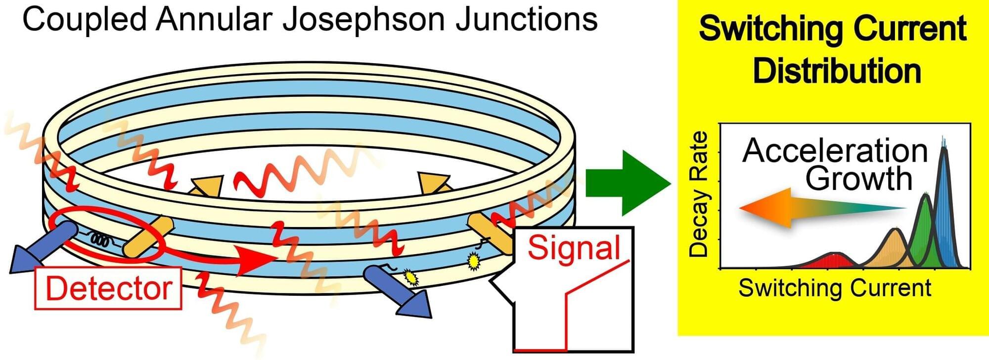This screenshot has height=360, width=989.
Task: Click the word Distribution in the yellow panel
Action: pos(837,71)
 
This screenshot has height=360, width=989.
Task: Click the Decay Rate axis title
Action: pos(699,194)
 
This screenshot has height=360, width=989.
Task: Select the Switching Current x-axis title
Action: pos(835,288)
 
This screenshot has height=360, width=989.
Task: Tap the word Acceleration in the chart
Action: pos(835,151)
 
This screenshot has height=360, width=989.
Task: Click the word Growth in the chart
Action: pos(859,179)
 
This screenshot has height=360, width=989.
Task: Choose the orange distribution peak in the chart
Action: pos(895,247)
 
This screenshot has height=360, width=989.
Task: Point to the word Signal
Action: pos(574,248)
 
